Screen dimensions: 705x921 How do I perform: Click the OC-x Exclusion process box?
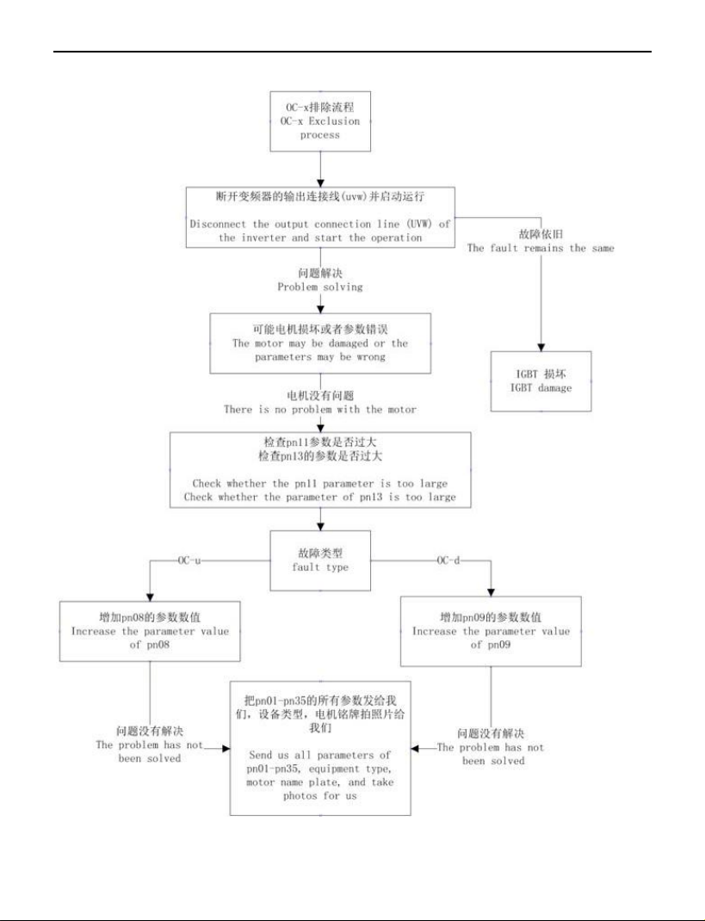click(320, 121)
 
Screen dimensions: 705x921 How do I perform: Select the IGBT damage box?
click(541, 381)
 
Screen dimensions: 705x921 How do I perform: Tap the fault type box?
click(320, 560)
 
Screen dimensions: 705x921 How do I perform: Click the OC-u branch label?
click(189, 560)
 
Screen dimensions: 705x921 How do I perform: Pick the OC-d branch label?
click(448, 560)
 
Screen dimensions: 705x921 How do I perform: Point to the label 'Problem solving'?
click(320, 287)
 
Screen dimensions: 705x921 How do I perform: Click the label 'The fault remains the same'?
click(541, 248)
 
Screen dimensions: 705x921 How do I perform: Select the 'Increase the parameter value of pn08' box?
click(150, 631)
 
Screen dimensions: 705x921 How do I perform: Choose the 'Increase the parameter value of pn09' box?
click(492, 631)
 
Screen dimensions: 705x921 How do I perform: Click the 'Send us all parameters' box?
click(320, 748)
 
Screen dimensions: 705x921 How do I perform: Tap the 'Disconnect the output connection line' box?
click(320, 217)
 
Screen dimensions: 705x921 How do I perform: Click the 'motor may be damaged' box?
click(320, 343)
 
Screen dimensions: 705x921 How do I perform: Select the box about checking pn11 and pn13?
click(320, 470)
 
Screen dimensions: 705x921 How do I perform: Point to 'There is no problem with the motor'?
click(320, 409)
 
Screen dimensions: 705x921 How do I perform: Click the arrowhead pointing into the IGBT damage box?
click(541, 347)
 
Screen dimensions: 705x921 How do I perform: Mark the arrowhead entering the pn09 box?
click(492, 592)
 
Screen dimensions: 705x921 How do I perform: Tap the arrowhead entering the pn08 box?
click(150, 596)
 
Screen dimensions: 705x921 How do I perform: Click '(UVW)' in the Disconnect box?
click(420, 224)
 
